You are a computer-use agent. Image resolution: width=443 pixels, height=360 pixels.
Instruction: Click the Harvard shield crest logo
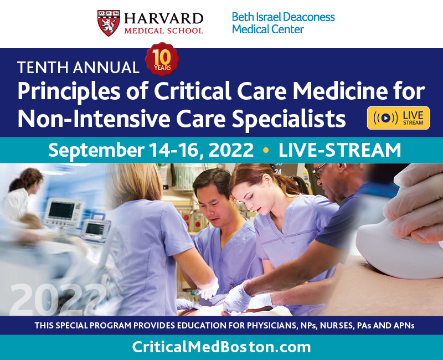coord(109,23)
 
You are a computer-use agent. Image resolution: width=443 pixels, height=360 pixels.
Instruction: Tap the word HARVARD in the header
coord(163,19)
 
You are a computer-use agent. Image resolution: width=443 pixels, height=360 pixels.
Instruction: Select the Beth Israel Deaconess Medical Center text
coord(283,23)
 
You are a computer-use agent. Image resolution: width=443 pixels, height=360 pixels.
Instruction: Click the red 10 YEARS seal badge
coord(162,59)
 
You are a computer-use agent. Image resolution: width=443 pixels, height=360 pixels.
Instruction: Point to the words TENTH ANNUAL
coord(78,68)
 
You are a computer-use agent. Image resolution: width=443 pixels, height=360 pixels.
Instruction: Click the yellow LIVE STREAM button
coord(398,118)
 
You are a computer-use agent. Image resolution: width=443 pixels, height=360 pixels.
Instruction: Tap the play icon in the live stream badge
coord(385,118)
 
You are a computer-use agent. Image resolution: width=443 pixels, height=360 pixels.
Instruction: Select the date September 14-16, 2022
coord(151,150)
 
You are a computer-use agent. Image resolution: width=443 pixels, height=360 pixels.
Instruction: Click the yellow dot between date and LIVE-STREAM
coord(266,150)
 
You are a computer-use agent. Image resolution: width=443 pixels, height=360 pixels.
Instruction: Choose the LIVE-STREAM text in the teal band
coord(339,150)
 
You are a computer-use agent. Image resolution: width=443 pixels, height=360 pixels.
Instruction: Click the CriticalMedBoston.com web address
coord(221,347)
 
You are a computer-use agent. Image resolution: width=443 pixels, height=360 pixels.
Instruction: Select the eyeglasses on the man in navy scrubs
coord(320,171)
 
